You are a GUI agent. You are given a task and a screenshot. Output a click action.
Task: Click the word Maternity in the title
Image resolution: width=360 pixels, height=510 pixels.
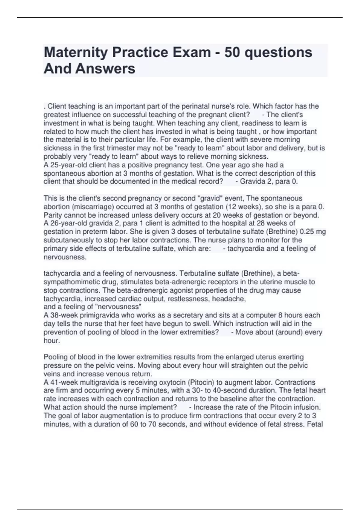[76, 52]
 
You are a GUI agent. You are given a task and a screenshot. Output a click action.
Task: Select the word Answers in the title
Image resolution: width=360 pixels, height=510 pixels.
[105, 69]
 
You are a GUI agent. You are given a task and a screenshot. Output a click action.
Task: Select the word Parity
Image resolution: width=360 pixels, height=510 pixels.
[53, 215]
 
